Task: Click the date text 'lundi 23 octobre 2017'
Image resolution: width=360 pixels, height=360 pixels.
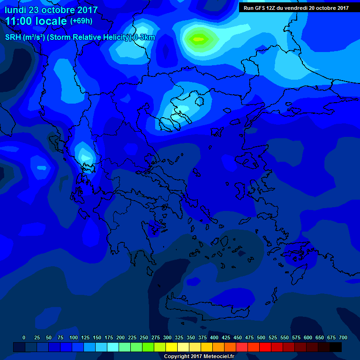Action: [x=51, y=10]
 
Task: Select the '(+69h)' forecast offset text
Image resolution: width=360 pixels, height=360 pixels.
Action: [x=82, y=21]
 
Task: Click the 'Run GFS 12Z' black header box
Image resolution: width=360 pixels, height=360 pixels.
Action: [x=296, y=7]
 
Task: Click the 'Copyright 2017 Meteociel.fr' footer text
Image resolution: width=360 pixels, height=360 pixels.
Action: [x=199, y=356]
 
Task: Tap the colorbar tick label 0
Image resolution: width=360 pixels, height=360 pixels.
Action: [x=24, y=337]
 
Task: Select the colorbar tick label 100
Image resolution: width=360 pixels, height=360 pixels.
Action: [x=74, y=337]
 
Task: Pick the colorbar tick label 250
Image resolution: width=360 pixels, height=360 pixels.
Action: [x=144, y=337]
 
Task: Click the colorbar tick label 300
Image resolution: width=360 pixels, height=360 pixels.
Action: [x=167, y=337]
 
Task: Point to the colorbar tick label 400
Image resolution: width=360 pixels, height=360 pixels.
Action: [x=214, y=337]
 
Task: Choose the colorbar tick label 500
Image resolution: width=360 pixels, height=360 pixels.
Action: [x=261, y=337]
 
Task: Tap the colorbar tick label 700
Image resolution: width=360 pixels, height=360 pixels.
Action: [x=343, y=337]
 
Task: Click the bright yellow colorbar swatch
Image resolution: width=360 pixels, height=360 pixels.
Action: [x=172, y=347]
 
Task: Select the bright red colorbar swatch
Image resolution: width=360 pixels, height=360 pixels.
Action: [x=265, y=347]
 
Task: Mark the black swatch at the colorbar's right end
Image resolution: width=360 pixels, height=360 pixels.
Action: [x=336, y=347]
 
